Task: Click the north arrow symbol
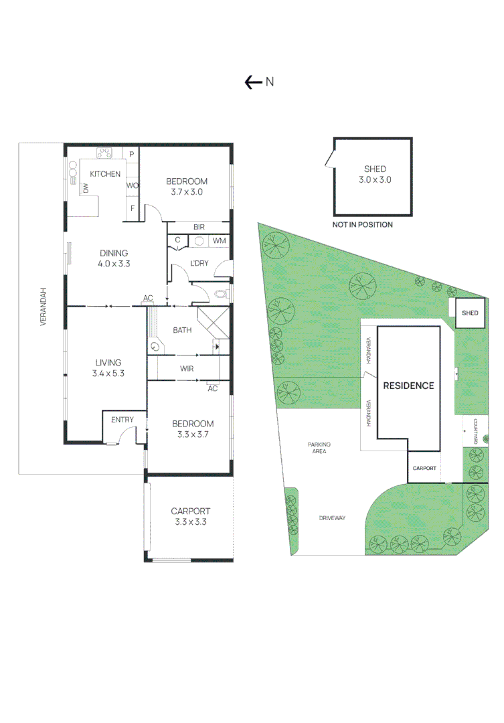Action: [x=253, y=82]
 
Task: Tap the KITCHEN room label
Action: [x=105, y=174]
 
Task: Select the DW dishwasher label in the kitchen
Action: [x=86, y=189]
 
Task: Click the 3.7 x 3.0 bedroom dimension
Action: [x=187, y=191]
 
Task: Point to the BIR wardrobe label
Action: [x=199, y=228]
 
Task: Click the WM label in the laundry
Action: [x=219, y=241]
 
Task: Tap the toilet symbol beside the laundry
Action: [x=222, y=293]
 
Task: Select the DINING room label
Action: [x=114, y=253]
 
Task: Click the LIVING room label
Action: [x=108, y=363]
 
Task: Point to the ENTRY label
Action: [x=122, y=420]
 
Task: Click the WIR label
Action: [x=187, y=369]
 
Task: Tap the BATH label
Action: [x=182, y=330]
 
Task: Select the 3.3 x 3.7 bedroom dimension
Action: [x=193, y=434]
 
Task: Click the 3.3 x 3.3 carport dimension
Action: [x=191, y=521]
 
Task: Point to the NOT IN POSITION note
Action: [x=362, y=225]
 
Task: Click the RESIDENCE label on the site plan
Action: [x=408, y=386]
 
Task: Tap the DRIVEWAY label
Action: [x=332, y=518]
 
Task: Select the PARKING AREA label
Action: [x=319, y=448]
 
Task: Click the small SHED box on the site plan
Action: [x=471, y=313]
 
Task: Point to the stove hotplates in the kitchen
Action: [x=104, y=153]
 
